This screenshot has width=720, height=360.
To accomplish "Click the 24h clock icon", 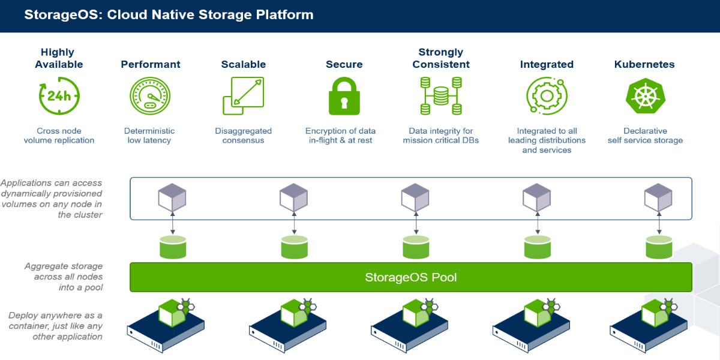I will [x=59, y=96].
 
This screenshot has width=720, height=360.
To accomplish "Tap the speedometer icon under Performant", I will [x=150, y=96].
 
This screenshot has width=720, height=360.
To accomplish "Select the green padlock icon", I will [x=344, y=96].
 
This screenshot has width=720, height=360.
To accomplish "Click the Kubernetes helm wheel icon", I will [x=644, y=96].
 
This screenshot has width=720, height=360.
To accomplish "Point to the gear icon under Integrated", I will [x=547, y=96].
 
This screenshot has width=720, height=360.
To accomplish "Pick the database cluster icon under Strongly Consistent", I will [x=441, y=96].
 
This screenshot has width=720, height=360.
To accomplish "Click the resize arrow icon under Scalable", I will [x=243, y=96].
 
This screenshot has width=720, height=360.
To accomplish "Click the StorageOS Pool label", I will [x=411, y=277].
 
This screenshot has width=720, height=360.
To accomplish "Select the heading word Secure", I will [x=344, y=64].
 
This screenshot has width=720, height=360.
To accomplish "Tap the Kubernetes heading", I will [x=644, y=64].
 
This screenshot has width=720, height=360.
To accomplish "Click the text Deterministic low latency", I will [x=149, y=136].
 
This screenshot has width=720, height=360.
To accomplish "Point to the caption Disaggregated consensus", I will [x=243, y=136].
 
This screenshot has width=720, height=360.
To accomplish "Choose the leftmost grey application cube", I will [x=172, y=197].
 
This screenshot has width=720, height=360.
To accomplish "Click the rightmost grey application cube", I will [x=658, y=197].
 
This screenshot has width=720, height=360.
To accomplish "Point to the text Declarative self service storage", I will [x=645, y=136].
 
